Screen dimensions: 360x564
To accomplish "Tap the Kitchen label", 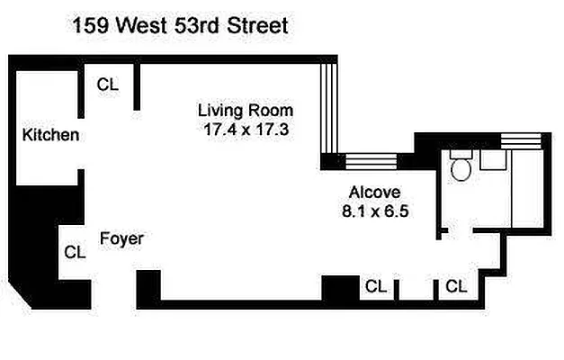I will pos(50,136).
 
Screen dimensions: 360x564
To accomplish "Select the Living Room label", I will pos(246,111).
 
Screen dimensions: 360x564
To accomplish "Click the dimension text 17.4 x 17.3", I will pos(246,129).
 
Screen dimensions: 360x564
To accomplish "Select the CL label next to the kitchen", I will pos(108,85).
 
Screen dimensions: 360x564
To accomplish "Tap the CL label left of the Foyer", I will pos(75,253).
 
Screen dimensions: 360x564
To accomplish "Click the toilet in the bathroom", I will pos(461,167).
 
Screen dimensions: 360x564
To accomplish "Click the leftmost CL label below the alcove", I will pos(376,287).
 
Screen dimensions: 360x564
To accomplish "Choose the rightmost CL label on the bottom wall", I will pos(456,287).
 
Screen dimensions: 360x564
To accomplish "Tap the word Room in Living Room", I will pos(273,111).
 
